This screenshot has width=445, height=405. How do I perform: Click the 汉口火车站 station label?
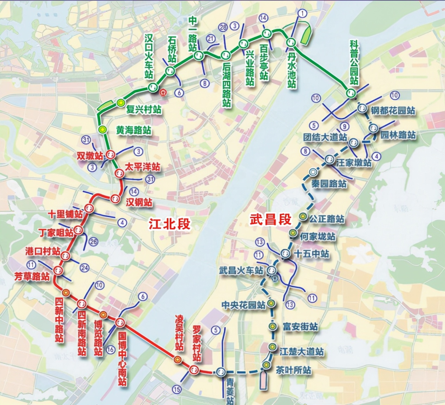(149, 56)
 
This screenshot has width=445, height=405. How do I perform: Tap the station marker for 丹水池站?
(291, 42)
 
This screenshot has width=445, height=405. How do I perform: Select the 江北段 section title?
(170, 223)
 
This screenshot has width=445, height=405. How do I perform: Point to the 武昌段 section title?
(270, 220)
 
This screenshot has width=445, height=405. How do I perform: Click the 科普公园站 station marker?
(351, 93)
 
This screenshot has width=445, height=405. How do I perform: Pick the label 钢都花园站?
(393, 111)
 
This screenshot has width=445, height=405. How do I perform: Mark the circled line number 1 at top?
(303, 14)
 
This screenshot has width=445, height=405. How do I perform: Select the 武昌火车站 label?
(241, 270)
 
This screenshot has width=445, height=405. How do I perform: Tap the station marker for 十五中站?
(286, 254)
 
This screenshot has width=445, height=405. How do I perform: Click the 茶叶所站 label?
(293, 370)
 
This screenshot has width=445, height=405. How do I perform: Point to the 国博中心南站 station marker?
(120, 322)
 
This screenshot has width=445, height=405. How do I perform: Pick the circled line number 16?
(110, 349)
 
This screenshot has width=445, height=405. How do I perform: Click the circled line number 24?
(84, 267)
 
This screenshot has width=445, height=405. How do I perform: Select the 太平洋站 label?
(143, 167)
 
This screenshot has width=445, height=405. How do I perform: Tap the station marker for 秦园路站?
(313, 171)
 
